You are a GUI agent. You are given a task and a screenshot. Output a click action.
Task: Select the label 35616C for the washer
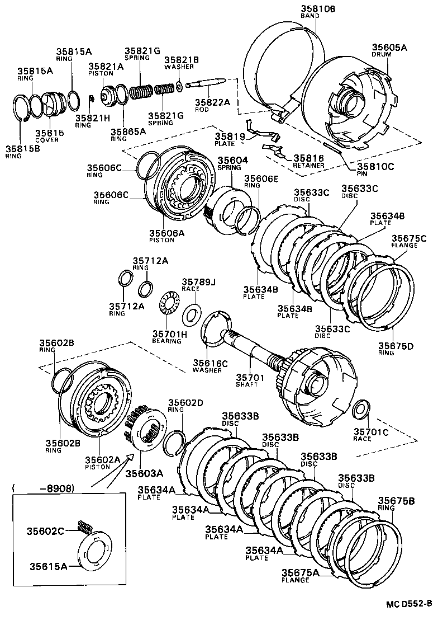coord(210,363)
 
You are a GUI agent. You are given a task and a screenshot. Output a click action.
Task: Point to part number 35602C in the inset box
coord(47,530)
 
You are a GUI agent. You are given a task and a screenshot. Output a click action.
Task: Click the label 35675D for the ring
coord(396,346)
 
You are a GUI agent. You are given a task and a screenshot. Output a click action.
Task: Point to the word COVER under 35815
coord(47,140)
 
